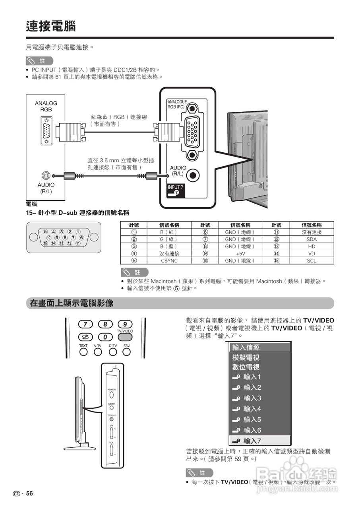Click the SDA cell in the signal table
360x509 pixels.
312,239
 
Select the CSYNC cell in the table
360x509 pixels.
169,261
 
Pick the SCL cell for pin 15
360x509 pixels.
312,261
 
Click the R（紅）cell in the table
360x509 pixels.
169,232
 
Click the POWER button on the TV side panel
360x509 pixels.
112,395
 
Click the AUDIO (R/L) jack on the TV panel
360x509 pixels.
193,174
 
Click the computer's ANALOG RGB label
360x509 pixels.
46,106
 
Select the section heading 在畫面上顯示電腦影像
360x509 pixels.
72,303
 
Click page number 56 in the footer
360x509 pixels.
29,493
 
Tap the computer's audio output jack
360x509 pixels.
46,175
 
